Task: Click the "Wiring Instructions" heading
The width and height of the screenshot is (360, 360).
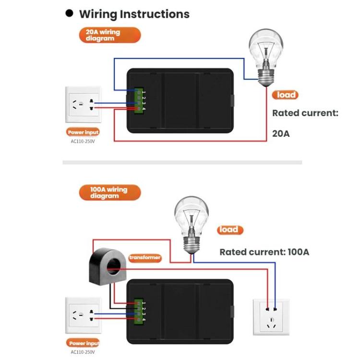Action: (134, 14)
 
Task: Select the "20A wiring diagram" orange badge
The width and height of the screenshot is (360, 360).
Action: (110, 35)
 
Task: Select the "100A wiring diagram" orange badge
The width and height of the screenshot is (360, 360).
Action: (110, 192)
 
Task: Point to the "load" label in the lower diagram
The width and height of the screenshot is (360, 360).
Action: (230, 230)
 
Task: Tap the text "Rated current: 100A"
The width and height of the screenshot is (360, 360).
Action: (264, 252)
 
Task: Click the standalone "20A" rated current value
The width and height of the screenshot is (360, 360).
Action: (281, 133)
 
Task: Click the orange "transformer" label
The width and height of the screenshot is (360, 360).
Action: (145, 258)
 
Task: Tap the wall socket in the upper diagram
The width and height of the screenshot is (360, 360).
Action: (83, 105)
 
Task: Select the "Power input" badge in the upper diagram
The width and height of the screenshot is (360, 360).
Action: (83, 132)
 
